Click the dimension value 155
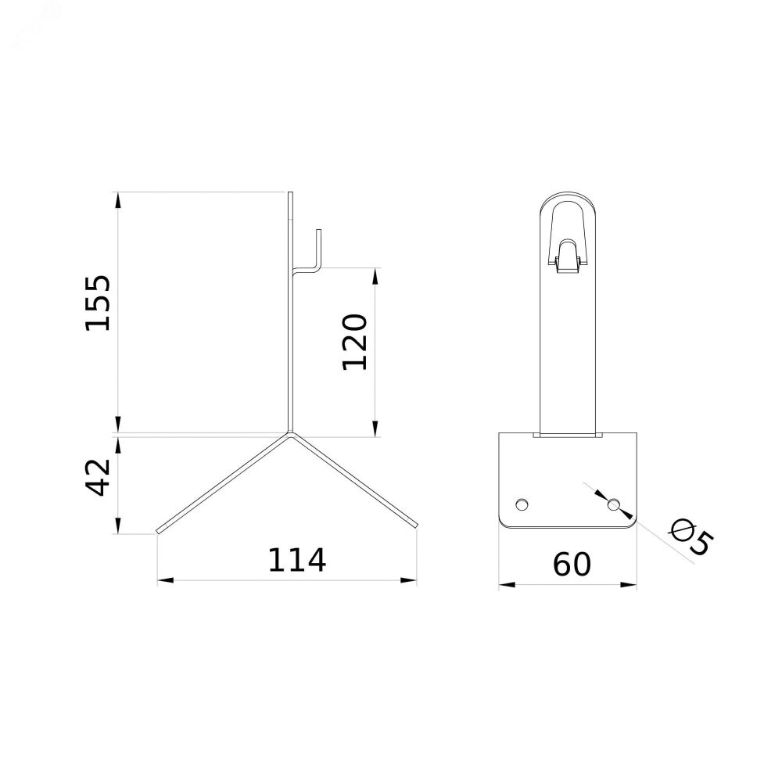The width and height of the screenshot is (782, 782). [97, 302]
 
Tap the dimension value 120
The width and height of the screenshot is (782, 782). [354, 343]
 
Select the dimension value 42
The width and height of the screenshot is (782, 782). [99, 477]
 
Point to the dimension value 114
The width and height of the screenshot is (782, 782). [297, 560]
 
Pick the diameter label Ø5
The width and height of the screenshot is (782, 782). [691, 536]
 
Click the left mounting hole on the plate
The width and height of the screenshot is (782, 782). [522, 504]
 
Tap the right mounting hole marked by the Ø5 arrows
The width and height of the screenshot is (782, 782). [613, 504]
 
